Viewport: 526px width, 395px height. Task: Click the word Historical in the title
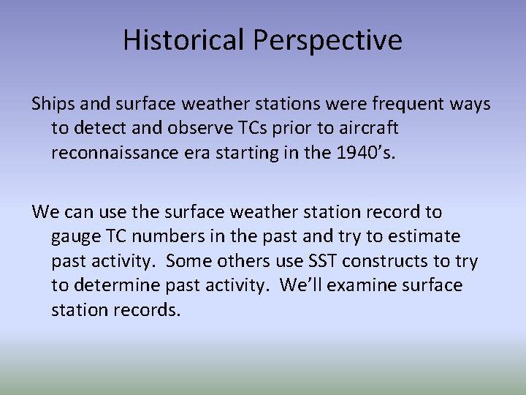tap(185, 39)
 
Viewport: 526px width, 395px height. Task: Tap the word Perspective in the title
tap(327, 41)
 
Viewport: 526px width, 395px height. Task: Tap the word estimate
tap(422, 237)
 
